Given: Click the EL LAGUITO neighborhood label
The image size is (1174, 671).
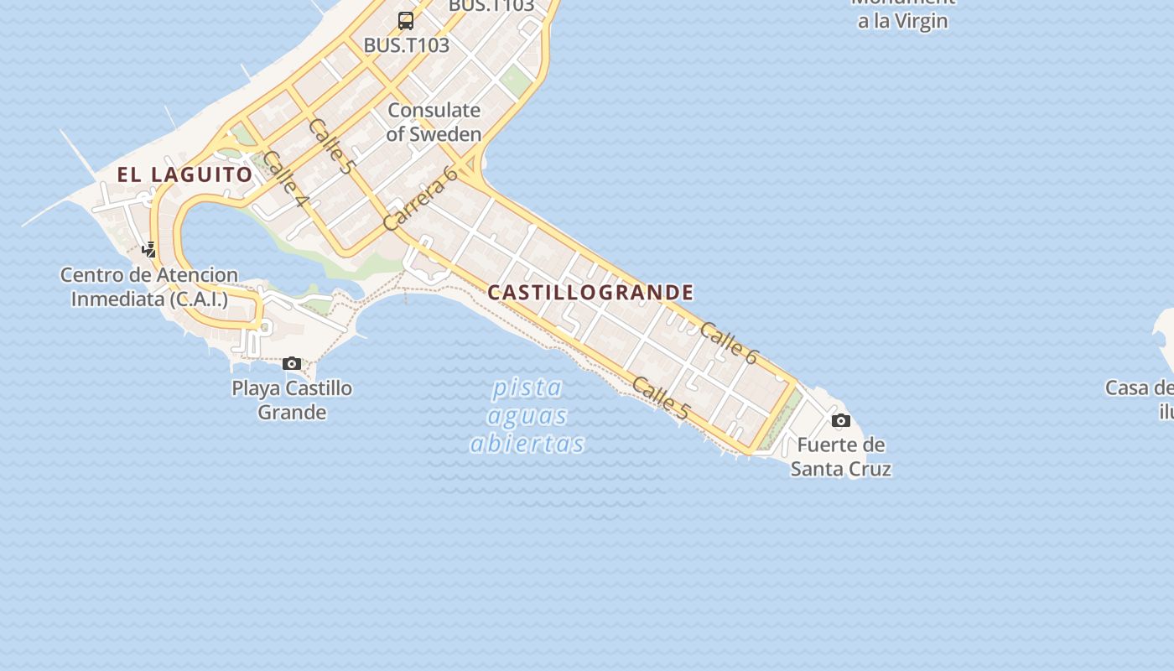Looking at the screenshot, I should click(x=184, y=174).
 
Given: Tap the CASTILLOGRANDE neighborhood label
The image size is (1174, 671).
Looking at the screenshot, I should click(x=590, y=293).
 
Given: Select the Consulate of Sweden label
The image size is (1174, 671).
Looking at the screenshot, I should click(x=434, y=122).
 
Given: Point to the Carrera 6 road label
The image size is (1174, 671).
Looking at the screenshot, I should click(x=420, y=198).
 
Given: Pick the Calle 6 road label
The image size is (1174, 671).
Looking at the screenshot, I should click(x=729, y=344).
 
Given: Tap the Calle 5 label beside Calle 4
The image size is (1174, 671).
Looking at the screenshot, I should click(x=330, y=146).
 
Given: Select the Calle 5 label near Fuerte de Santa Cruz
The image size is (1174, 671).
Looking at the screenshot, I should click(x=661, y=398).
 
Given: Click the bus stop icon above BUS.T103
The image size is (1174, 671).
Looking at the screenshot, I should click(x=406, y=21).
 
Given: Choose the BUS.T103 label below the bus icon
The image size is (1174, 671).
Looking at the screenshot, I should click(x=406, y=45).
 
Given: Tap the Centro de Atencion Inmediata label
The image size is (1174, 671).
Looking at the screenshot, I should click(x=149, y=287).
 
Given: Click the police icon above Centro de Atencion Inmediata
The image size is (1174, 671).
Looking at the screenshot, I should click(x=149, y=249).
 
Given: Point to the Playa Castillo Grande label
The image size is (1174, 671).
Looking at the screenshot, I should click(x=292, y=400).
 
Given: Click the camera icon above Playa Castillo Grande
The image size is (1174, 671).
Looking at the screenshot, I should click(x=292, y=363).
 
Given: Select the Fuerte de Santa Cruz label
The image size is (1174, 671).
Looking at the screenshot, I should click(x=840, y=456).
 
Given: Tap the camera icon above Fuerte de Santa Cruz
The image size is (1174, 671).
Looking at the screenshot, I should click(x=841, y=420).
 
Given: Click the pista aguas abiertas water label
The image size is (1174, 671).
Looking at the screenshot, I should click(x=527, y=415).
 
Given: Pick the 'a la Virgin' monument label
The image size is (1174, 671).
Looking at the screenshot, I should click(x=902, y=21).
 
